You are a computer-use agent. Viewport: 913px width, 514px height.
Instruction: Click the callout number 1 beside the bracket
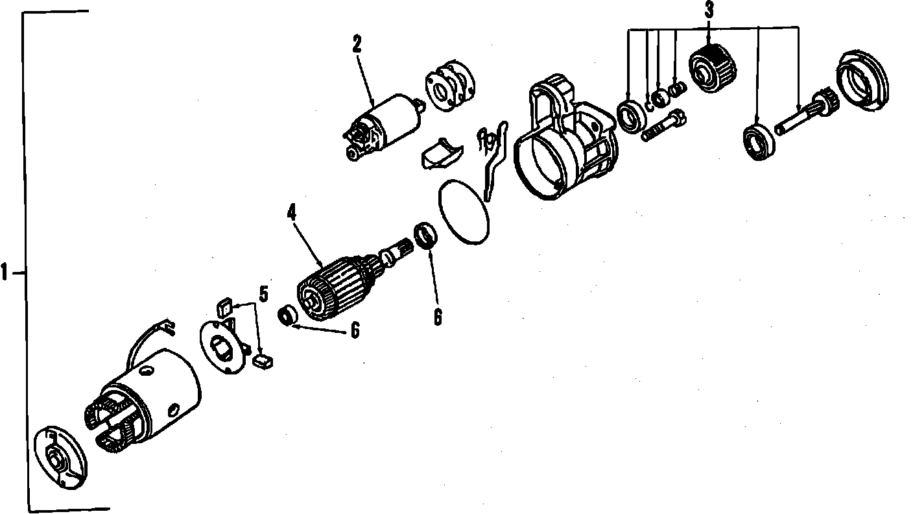tap(5, 272)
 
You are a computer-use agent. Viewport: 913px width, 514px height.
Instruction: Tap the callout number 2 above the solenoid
tap(357, 45)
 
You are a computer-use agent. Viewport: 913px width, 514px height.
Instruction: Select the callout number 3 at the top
tap(709, 10)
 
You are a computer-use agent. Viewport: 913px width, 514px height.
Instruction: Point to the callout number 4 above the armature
tap(291, 212)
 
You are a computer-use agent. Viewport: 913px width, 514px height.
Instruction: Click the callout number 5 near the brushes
tap(264, 294)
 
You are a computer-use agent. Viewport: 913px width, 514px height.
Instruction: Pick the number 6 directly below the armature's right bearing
tap(438, 317)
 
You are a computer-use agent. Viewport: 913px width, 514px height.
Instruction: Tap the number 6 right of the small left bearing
tap(355, 330)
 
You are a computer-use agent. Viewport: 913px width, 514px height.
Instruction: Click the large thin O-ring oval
tap(464, 212)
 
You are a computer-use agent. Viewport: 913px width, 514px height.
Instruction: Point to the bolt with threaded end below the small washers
tap(663, 125)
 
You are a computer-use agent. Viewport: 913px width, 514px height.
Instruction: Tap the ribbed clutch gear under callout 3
tap(713, 67)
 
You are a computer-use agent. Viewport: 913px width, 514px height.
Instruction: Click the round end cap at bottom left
tap(61, 457)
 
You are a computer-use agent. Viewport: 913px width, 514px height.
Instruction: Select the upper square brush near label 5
tap(224, 308)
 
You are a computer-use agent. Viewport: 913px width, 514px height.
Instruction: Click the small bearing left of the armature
tap(288, 315)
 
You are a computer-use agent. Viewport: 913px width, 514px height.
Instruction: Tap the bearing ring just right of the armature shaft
tap(425, 236)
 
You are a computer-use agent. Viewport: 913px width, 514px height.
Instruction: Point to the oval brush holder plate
tap(224, 347)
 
